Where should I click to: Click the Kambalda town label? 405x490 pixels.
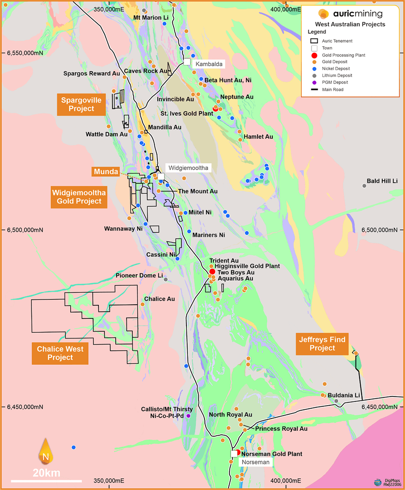point(209,64)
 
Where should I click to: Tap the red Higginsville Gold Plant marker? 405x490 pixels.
point(212,272)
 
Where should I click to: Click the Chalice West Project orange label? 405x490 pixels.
point(60,353)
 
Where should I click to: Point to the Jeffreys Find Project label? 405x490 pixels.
point(322,344)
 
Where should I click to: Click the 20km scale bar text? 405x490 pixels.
point(47,473)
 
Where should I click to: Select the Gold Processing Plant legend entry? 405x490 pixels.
point(339,55)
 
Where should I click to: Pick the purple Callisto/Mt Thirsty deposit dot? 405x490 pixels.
point(188,416)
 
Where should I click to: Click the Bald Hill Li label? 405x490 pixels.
point(382,181)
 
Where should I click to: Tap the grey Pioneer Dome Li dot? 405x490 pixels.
point(166,280)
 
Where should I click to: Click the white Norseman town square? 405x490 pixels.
point(234,454)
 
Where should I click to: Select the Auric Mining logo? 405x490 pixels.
point(350,13)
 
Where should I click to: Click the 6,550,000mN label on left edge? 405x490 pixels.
point(25,53)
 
